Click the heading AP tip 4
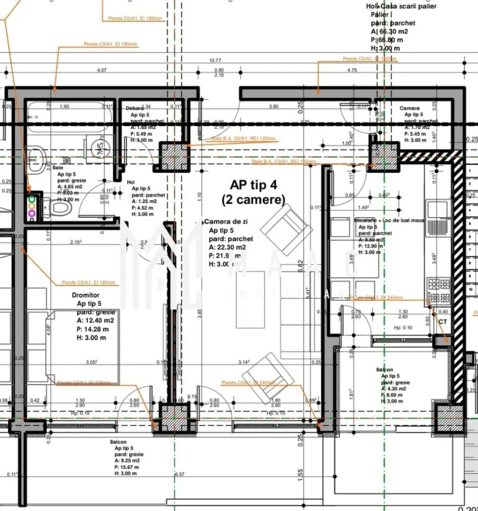click(x=253, y=185)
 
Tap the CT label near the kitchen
click(x=442, y=321)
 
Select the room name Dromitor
click(x=86, y=295)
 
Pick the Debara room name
click(x=135, y=108)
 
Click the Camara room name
click(x=409, y=108)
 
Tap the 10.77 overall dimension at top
click(x=215, y=60)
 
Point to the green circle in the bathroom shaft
click(x=32, y=198)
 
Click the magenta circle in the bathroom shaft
click(x=32, y=213)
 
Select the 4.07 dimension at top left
click(x=101, y=70)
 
